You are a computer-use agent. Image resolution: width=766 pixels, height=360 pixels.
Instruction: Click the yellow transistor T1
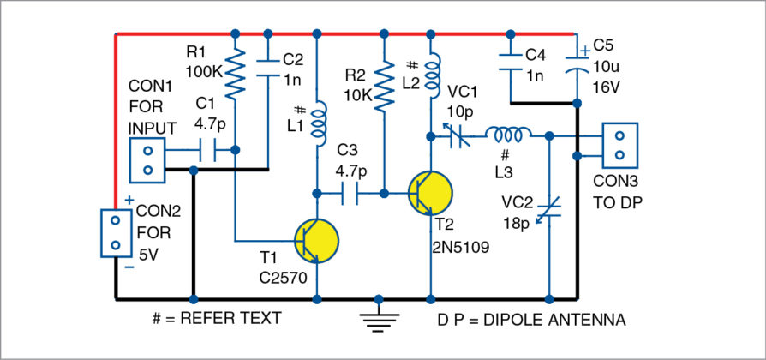(x=316, y=239)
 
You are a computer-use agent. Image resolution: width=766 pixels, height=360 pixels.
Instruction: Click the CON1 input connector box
(x=147, y=159)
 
